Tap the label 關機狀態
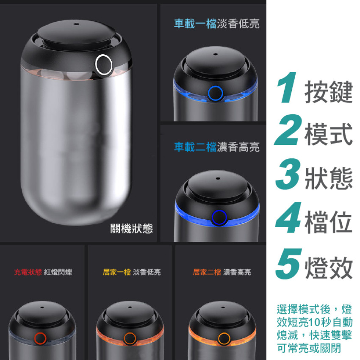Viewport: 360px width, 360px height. pyautogui.click(x=131, y=228)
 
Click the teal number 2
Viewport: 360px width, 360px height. pyautogui.click(x=288, y=130)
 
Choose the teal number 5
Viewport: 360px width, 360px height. pyautogui.click(x=289, y=263)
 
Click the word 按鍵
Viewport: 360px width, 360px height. pyautogui.click(x=329, y=91)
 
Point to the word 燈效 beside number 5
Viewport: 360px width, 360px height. pyautogui.click(x=329, y=268)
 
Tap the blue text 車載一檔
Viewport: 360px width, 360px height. pyautogui.click(x=195, y=24)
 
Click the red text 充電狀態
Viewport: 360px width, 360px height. pyautogui.click(x=28, y=272)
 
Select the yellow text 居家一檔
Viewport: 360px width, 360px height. pyautogui.click(x=117, y=272)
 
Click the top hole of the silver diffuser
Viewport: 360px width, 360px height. pyautogui.click(x=77, y=24)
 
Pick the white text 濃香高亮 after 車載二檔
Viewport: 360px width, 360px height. pyautogui.click(x=238, y=147)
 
